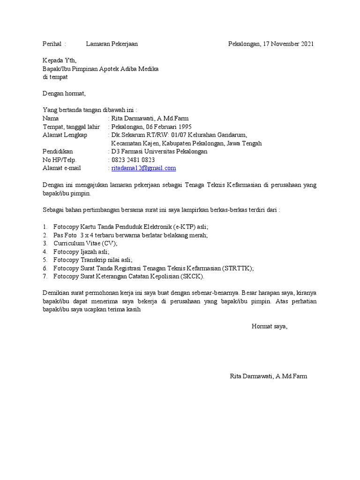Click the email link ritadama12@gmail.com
[x=143, y=168]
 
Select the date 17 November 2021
[x=287, y=44]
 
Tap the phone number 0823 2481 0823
[x=133, y=160]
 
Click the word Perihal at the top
[x=52, y=44]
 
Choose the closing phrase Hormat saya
[x=270, y=326]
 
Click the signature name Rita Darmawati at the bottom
[x=251, y=376]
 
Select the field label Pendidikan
[x=58, y=152]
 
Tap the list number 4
[x=45, y=252]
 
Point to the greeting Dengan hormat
[x=64, y=94]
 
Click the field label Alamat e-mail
[x=62, y=168]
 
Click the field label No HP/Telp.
[x=59, y=160]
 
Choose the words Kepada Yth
[x=59, y=60]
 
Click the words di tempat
[x=55, y=77]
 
